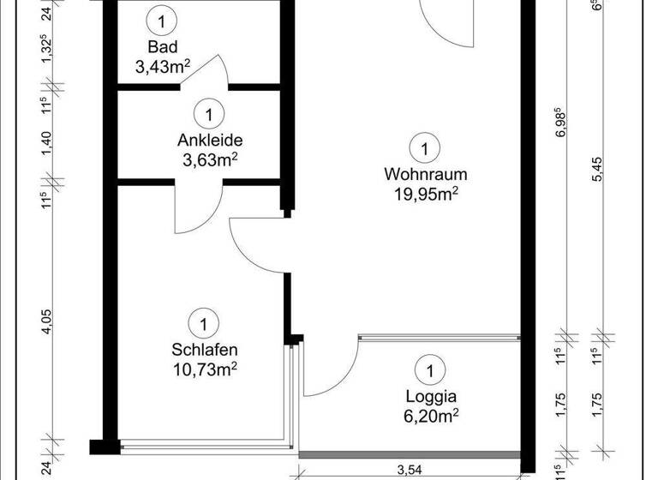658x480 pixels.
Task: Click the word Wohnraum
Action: (420, 174)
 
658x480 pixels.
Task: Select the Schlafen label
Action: (204, 350)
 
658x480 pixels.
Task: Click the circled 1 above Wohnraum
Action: (422, 148)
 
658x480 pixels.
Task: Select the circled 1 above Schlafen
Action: (204, 324)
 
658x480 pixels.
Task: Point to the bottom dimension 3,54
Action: (411, 469)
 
